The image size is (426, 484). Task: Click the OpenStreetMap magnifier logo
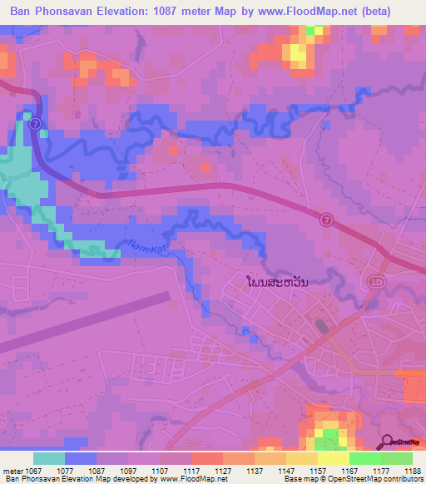(x=387, y=442)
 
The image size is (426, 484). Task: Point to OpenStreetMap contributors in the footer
(x=379, y=479)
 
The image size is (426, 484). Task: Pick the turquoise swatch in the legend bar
(x=49, y=458)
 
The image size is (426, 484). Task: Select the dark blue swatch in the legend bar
(x=81, y=458)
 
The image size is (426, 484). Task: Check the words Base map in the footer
(x=303, y=479)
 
